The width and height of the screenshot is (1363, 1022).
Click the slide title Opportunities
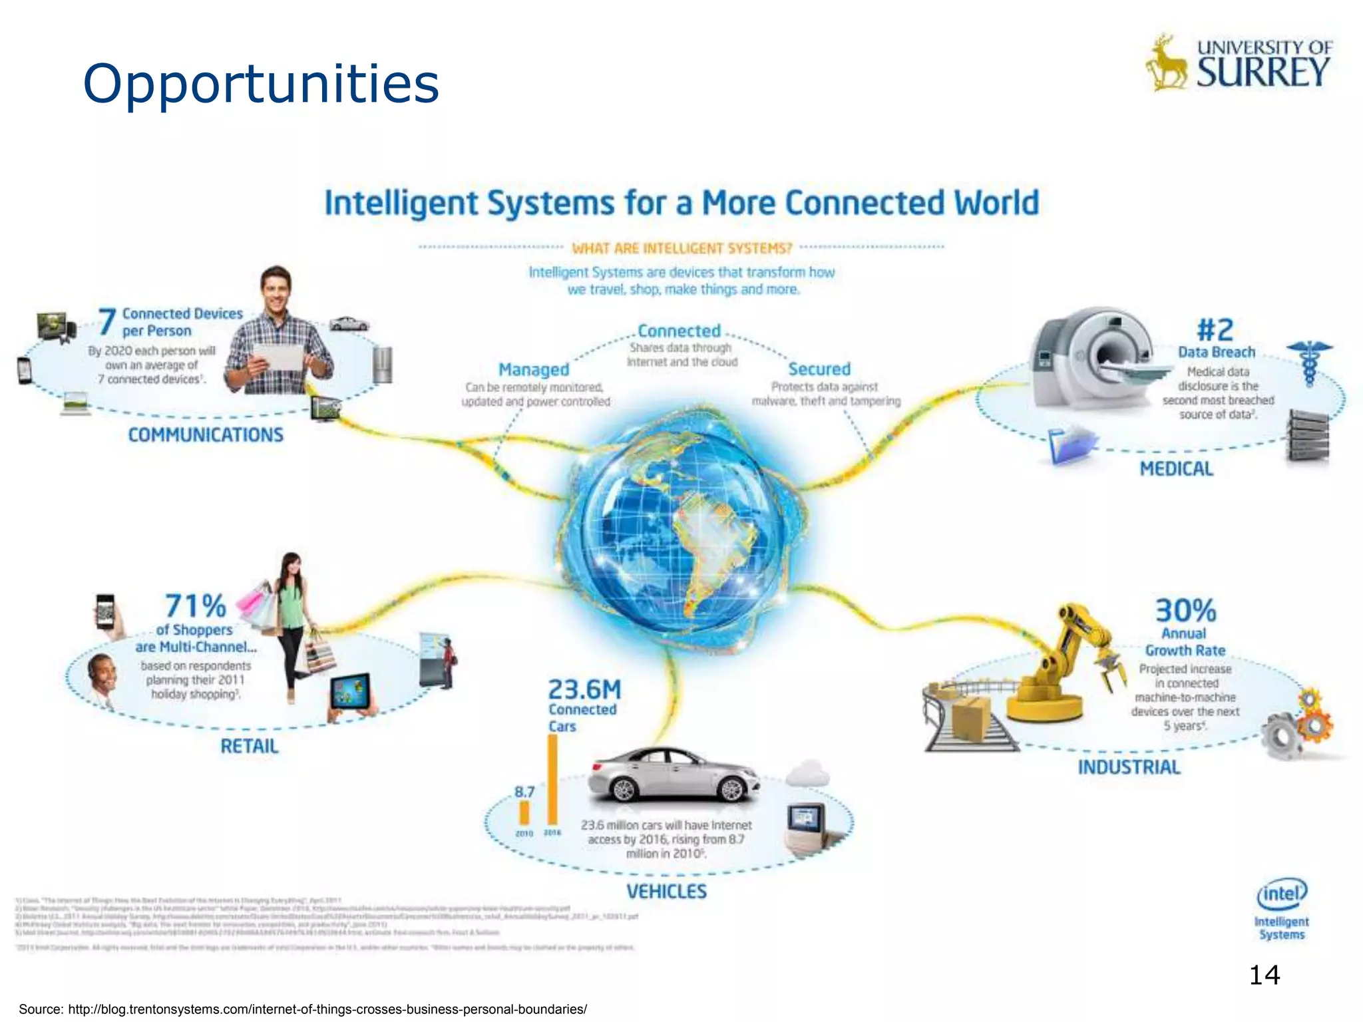260,84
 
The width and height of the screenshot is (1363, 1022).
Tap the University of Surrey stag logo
1166,64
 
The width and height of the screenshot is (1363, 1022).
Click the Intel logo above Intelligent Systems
1281,894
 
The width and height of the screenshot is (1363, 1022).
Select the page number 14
1264,975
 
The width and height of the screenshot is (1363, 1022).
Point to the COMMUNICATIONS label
206,435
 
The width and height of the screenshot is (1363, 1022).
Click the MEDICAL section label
1176,469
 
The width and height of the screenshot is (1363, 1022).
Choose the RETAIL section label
250,747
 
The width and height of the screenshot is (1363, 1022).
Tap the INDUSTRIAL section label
1129,767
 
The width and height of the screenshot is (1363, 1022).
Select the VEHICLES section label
666,892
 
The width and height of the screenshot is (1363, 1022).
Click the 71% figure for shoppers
195,606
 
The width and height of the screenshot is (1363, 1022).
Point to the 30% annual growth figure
1185,610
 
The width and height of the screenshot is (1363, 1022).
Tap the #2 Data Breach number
1215,329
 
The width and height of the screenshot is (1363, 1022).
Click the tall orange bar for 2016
552,778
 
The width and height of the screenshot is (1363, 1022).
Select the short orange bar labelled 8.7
524,812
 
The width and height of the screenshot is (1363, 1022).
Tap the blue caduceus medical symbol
1309,363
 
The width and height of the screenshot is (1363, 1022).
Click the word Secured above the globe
819,369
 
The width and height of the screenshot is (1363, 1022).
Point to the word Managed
534,370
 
